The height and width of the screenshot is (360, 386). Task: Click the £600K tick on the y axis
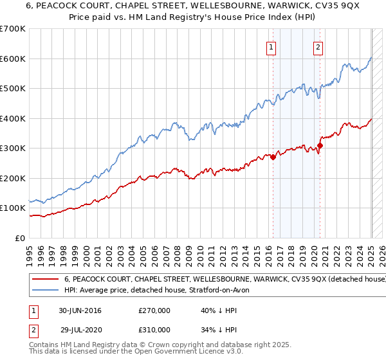[13, 59]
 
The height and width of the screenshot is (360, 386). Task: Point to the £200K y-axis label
[13, 178]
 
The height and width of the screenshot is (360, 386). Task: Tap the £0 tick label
[20, 238]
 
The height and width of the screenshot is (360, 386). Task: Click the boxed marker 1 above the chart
[271, 46]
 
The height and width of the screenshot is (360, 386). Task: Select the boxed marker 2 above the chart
[318, 46]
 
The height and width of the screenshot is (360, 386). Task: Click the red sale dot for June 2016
[273, 157]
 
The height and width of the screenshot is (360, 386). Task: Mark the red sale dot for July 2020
[320, 145]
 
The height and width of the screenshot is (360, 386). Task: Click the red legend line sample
[46, 280]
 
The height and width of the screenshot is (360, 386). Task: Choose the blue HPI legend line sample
[46, 291]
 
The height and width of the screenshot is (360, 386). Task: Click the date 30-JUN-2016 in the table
[80, 310]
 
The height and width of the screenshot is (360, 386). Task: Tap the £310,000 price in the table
[154, 329]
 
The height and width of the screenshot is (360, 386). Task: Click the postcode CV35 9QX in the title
[298, 6]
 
